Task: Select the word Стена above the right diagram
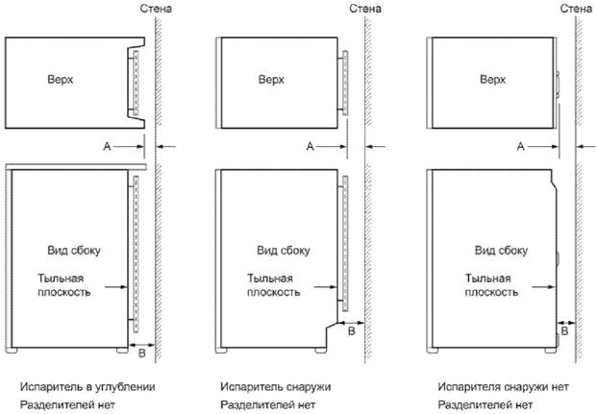pyautogui.click(x=578, y=10)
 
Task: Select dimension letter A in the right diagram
pyautogui.click(x=520, y=146)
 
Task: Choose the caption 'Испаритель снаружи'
pyautogui.click(x=276, y=386)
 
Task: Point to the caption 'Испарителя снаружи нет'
pyautogui.click(x=502, y=386)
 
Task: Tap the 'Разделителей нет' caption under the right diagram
pyautogui.click(x=481, y=404)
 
